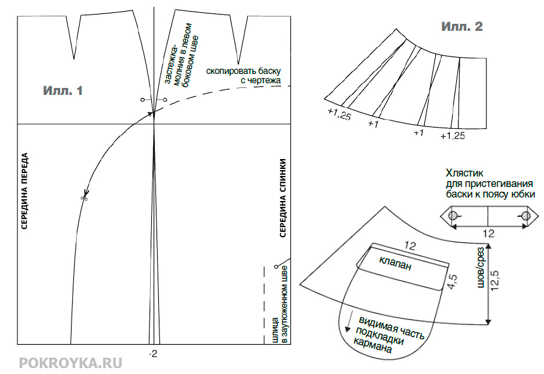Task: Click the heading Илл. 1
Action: point(63,91)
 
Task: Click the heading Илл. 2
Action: point(462,26)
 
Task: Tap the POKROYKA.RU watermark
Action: point(70,363)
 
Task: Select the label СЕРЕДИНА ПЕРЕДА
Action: point(24,191)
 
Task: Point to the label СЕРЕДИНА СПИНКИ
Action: point(283,198)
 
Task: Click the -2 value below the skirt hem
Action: point(153,354)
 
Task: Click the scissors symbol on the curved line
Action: point(84,198)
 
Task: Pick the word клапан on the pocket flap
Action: point(395,263)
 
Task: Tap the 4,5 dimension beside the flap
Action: point(453,281)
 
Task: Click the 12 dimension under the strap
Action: point(489,234)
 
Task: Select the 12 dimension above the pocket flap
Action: point(410,246)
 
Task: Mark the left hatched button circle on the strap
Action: point(453,216)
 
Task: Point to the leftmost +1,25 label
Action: point(339,113)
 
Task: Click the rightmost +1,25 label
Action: point(453,136)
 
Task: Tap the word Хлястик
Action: point(464,173)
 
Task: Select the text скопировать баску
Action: point(243,71)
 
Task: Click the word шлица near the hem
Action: point(275,330)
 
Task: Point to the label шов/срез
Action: point(481,267)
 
